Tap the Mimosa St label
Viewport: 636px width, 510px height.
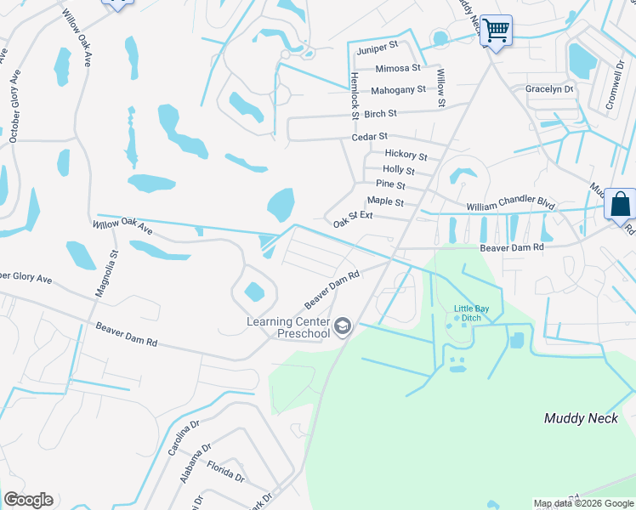point(398,68)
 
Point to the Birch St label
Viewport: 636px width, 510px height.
point(380,113)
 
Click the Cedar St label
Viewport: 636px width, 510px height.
point(370,136)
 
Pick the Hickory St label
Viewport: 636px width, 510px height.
point(406,155)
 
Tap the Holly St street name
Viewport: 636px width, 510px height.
point(399,170)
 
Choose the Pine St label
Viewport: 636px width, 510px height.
point(390,184)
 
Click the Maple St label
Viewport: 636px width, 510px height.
point(385,201)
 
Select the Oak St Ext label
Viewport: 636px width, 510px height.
point(353,219)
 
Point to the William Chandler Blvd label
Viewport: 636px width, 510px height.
point(510,206)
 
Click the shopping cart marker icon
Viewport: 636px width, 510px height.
point(496,31)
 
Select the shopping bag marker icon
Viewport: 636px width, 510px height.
point(620,204)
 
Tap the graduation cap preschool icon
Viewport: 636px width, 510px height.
point(342,327)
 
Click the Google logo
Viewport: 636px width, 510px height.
point(28,500)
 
